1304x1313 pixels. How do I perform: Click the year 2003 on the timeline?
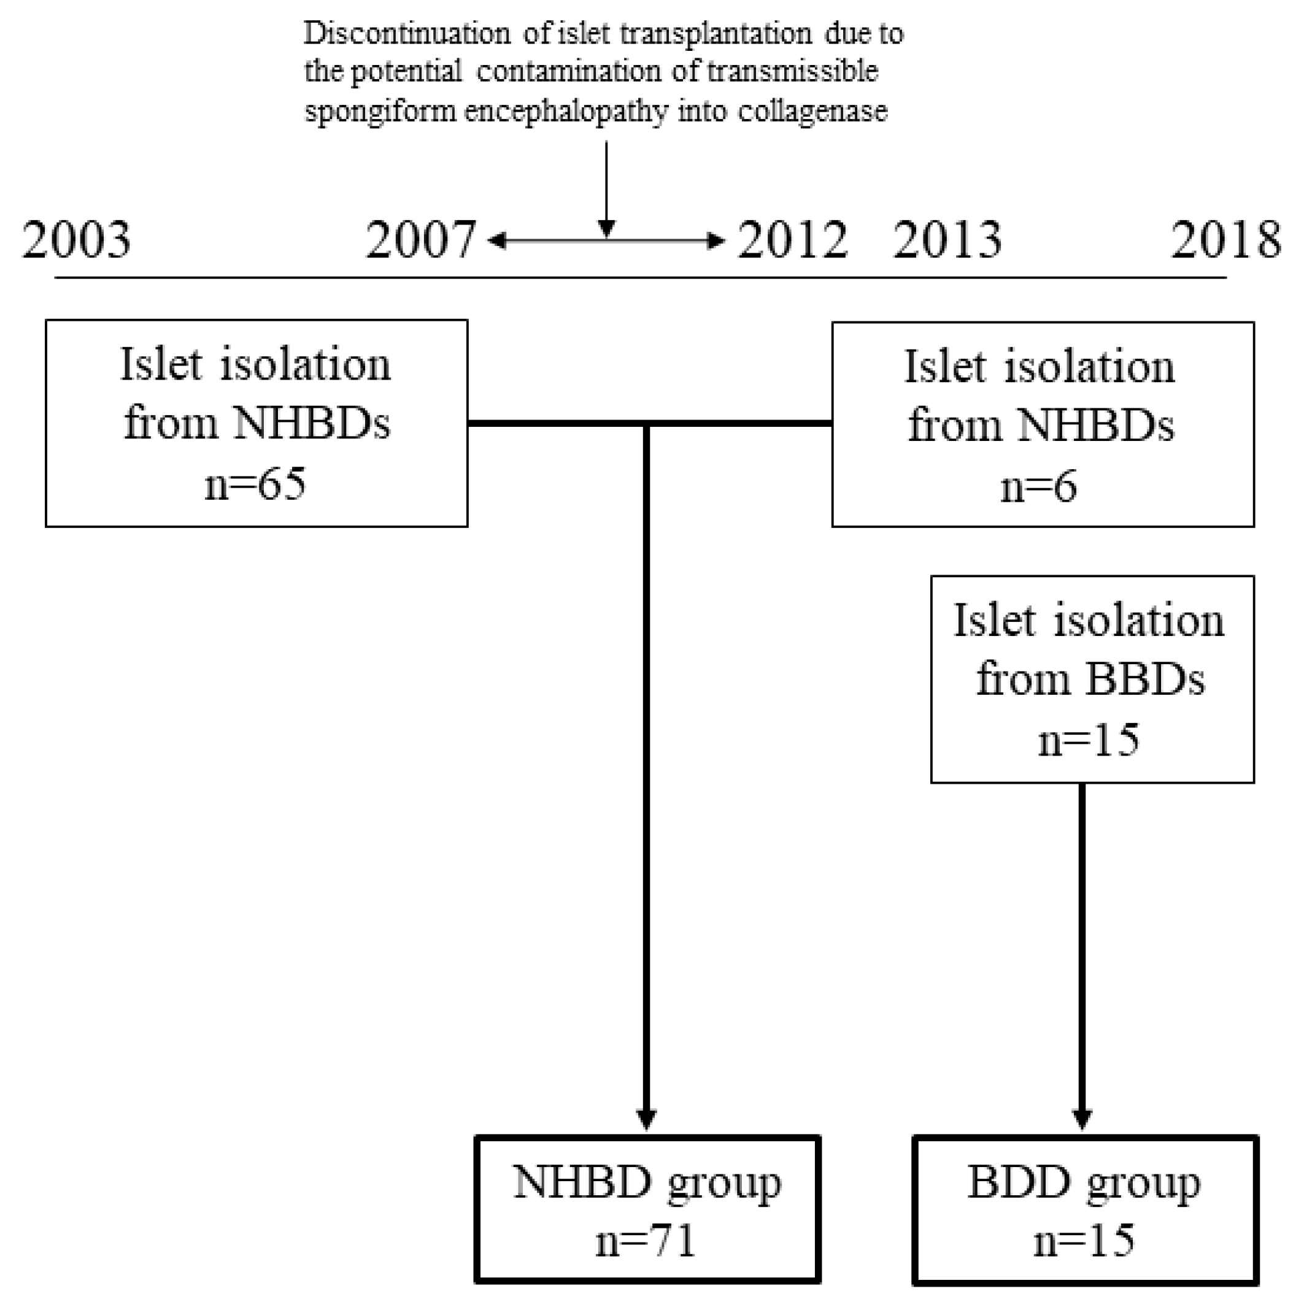(76, 240)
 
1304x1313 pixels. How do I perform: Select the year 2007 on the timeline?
(420, 240)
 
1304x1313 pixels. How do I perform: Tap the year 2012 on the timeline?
(792, 240)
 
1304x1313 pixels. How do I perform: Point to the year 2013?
(947, 240)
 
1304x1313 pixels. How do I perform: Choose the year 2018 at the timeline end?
(1226, 240)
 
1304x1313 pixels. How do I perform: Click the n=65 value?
(256, 484)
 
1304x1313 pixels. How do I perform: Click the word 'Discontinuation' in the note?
(407, 34)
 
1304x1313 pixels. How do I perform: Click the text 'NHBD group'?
(647, 1183)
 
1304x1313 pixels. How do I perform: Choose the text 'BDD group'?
(1084, 1183)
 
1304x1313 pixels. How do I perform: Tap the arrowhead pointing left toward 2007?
(496, 240)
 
